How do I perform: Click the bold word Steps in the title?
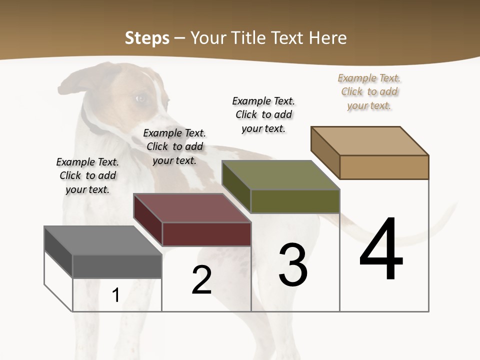click(147, 38)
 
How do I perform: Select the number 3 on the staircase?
click(292, 265)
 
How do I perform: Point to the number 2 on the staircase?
click(201, 280)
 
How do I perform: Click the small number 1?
click(115, 295)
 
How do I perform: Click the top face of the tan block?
click(370, 140)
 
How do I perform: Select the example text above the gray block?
click(87, 175)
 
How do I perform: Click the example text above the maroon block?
click(174, 146)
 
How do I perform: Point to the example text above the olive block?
click(263, 114)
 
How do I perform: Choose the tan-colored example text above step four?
click(369, 91)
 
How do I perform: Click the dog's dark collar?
click(90, 122)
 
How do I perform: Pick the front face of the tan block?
click(384, 167)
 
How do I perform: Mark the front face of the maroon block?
click(206, 234)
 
